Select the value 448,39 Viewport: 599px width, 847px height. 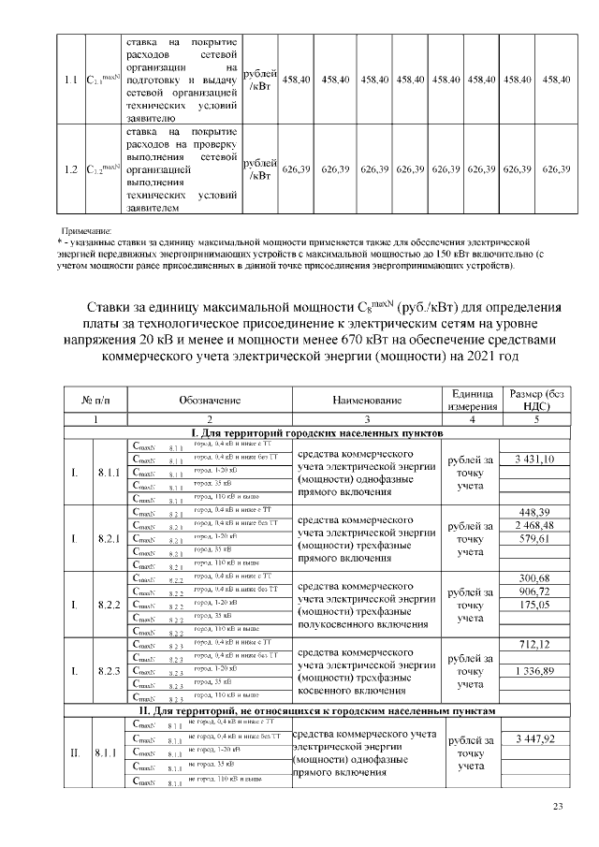point(535,511)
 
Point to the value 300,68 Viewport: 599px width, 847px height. point(535,577)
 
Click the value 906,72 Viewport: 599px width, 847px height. point(535,591)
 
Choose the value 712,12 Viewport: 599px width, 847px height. point(535,644)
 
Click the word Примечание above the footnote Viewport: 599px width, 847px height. point(86,229)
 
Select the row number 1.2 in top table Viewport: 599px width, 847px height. point(70,169)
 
